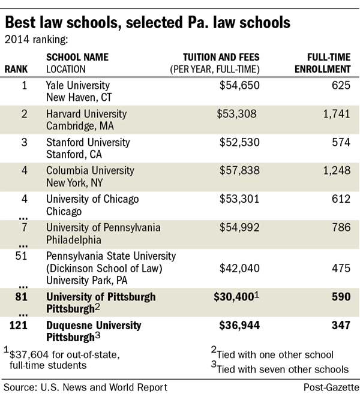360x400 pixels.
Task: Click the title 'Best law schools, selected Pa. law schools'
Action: click(x=148, y=23)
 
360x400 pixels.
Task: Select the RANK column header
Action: click(x=16, y=68)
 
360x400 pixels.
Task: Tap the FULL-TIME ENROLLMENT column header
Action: click(x=328, y=63)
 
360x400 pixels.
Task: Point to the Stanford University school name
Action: click(x=88, y=142)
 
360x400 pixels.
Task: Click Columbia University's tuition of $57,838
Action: click(x=238, y=171)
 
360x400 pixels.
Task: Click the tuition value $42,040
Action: click(x=238, y=268)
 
